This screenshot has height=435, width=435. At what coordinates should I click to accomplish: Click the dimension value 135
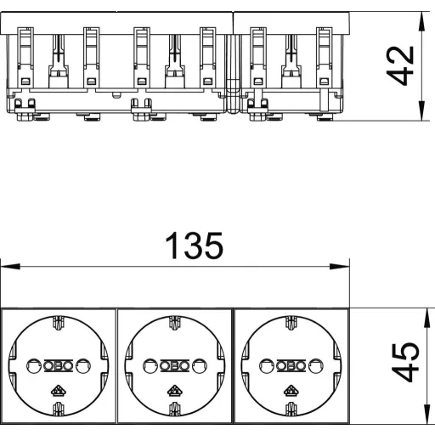(194, 246)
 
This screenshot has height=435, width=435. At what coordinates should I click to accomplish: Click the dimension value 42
(400, 65)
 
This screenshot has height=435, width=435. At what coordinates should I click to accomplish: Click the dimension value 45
(405, 362)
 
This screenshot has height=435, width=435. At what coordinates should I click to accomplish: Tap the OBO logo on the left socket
(59, 365)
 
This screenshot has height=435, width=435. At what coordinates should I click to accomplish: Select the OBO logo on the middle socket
(175, 365)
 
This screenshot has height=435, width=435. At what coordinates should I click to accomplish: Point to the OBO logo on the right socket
(291, 365)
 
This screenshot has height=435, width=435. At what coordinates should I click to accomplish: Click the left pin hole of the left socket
(34, 366)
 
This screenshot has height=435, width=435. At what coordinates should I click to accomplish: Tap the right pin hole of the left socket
(83, 366)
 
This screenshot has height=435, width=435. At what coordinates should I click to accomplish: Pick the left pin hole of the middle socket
(150, 366)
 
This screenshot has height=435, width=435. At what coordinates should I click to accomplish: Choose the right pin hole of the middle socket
(200, 366)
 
